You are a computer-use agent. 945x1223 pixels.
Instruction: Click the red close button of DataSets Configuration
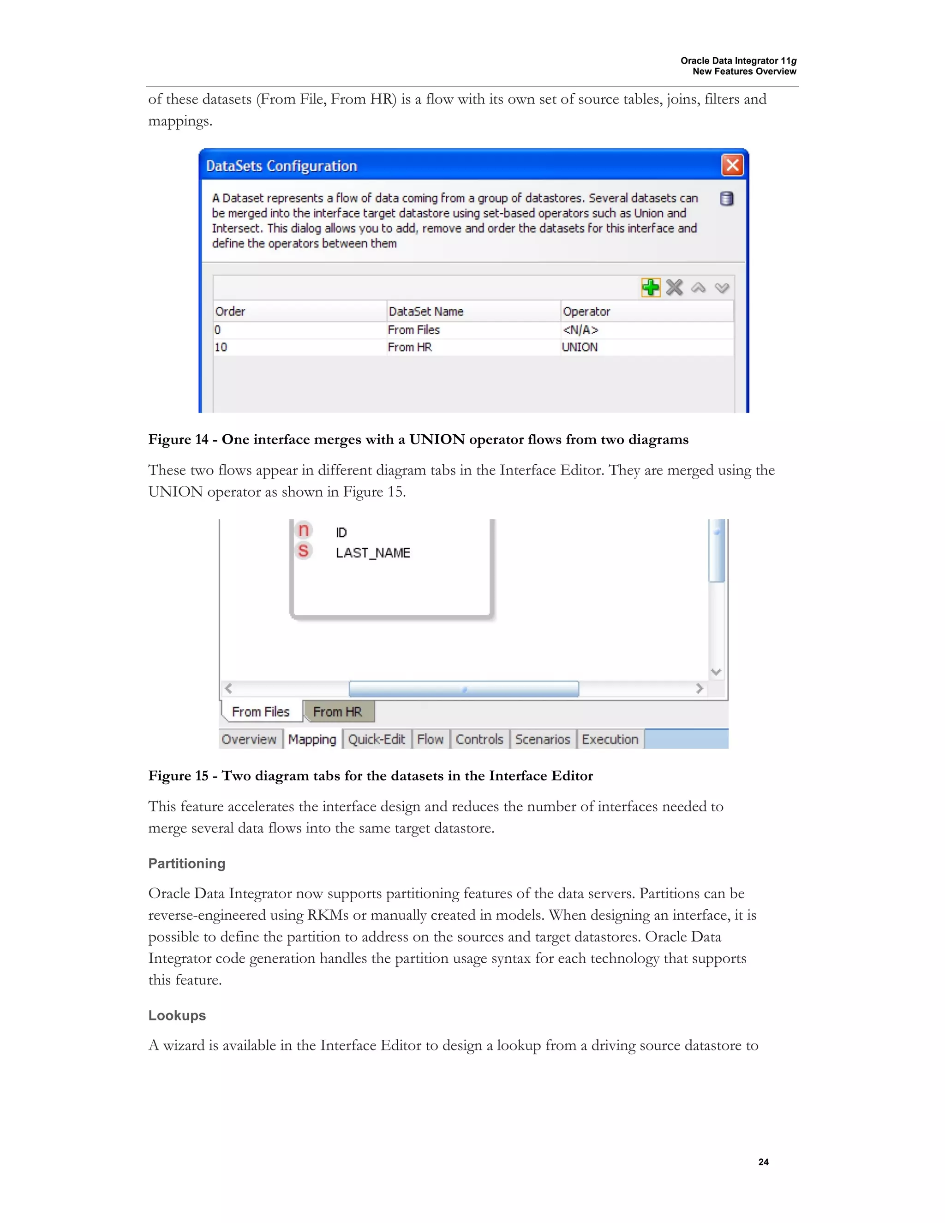click(x=732, y=165)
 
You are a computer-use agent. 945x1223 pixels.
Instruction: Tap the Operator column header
click(x=586, y=312)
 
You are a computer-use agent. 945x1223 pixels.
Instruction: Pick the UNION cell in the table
click(x=580, y=347)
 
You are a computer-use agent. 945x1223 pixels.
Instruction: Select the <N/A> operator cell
click(x=580, y=330)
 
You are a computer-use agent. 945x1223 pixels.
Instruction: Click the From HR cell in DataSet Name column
click(x=410, y=347)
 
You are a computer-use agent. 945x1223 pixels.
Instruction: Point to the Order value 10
click(x=221, y=347)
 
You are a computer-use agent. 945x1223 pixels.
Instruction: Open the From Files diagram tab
click(x=261, y=712)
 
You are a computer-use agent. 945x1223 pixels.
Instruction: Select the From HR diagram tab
click(x=338, y=712)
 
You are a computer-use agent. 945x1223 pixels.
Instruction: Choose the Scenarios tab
click(x=542, y=739)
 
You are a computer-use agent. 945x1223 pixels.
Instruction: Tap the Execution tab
click(x=610, y=739)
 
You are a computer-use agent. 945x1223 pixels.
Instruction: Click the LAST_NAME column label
click(x=373, y=553)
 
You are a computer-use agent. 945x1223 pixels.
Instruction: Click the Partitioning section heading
click(x=186, y=863)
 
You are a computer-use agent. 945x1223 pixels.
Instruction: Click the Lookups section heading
click(x=177, y=1015)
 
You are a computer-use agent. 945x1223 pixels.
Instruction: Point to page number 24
click(x=763, y=1162)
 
